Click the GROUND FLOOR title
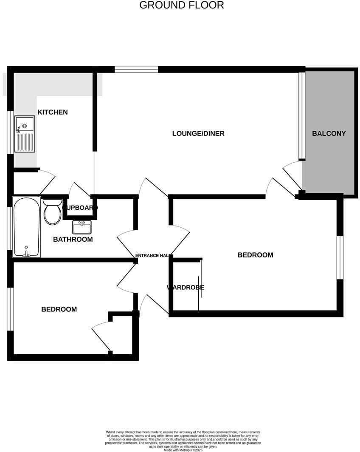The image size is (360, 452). click(181, 6)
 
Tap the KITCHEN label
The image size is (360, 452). click(53, 112)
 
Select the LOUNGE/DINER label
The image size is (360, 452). click(198, 133)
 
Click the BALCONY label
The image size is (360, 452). click(329, 133)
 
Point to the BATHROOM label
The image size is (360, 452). click(73, 240)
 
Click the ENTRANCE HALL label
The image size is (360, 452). click(153, 256)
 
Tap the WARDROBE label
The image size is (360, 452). click(186, 288)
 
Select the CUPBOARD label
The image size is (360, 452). click(80, 208)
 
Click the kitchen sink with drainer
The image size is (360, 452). click(25, 134)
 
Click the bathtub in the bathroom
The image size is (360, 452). click(27, 227)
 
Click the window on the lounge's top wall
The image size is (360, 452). click(136, 69)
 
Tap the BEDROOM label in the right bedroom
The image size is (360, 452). click(255, 255)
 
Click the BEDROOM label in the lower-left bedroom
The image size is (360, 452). click(59, 309)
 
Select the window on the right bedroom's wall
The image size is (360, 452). click(340, 257)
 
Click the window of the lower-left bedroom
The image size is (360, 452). click(10, 309)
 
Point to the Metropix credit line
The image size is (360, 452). click(183, 450)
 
